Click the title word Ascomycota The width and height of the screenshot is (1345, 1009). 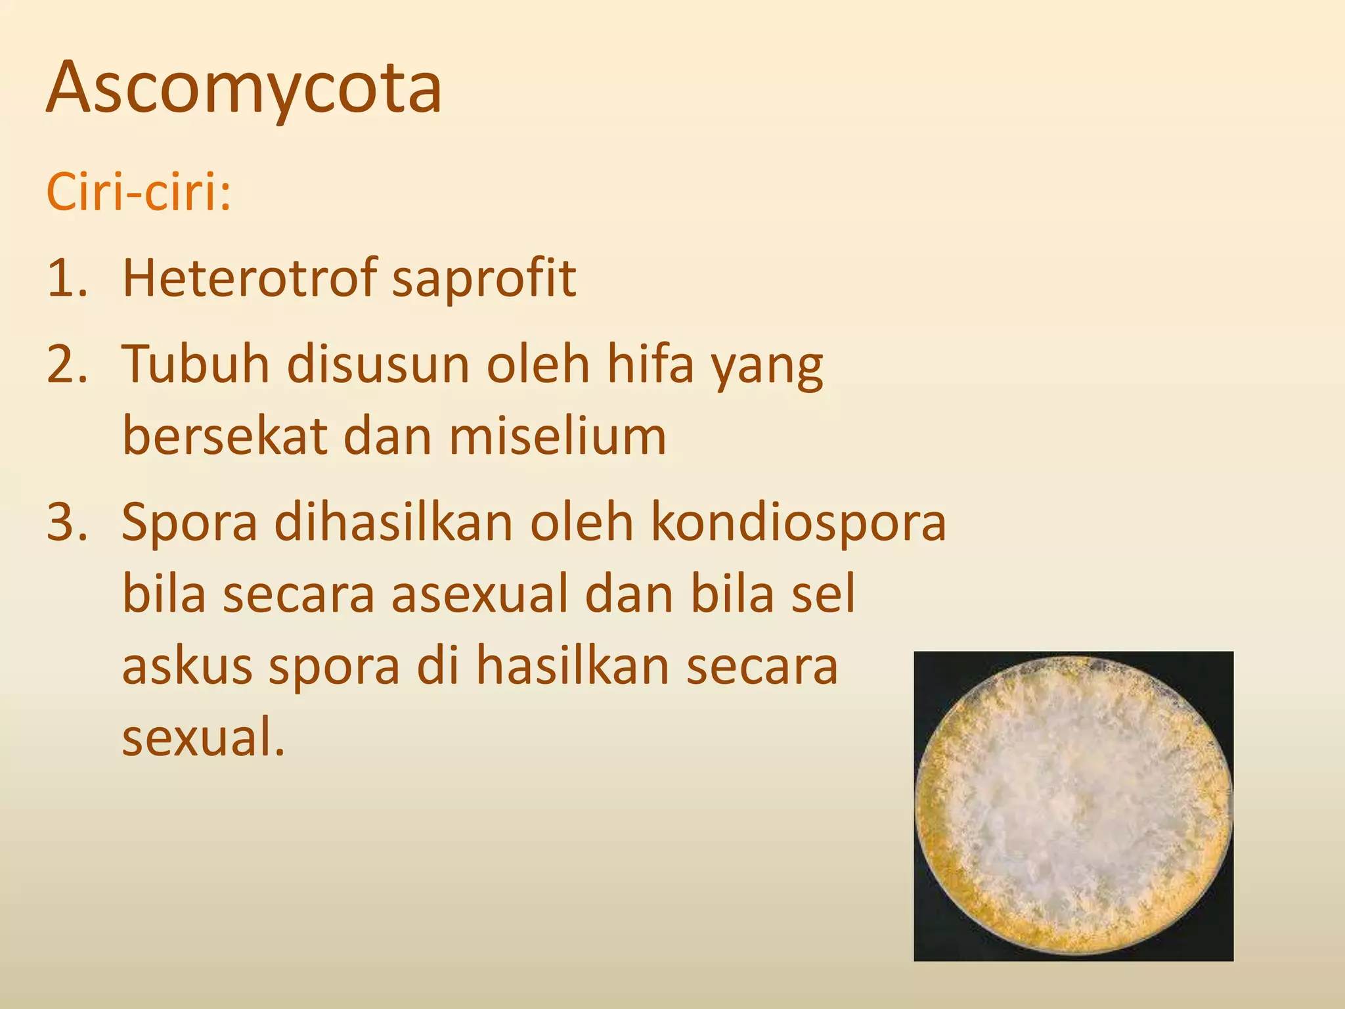tap(244, 89)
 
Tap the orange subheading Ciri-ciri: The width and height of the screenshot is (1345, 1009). tap(139, 193)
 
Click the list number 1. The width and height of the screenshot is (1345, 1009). tap(66, 278)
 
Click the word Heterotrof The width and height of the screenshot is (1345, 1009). tap(250, 278)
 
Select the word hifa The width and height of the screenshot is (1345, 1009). tap(650, 365)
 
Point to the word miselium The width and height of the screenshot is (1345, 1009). tap(558, 437)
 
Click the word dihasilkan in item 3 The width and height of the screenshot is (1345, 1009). tap(393, 523)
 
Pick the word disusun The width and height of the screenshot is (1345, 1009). tap(378, 365)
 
